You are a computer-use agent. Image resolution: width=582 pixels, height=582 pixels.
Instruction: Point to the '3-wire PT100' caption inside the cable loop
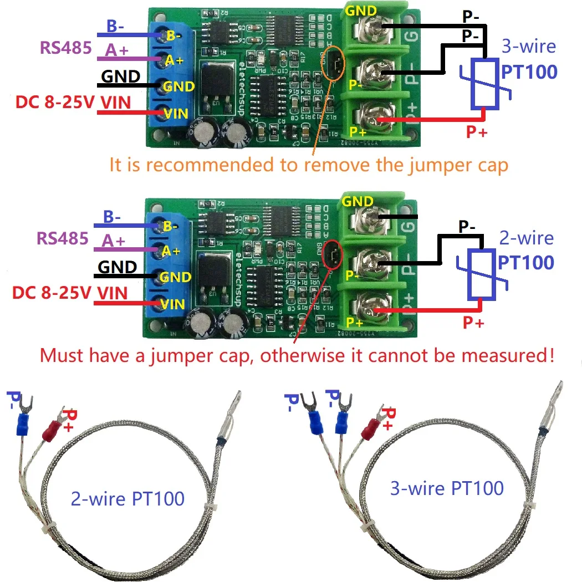[447, 488]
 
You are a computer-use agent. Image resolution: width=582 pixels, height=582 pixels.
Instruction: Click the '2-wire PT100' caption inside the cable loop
[127, 498]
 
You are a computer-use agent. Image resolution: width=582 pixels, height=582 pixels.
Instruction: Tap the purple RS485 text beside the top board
[65, 48]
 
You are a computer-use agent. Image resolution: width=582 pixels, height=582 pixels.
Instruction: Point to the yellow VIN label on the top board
[176, 114]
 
